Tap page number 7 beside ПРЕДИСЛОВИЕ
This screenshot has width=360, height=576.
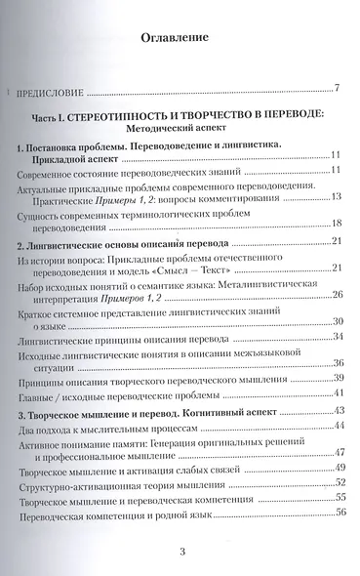tap(336, 91)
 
